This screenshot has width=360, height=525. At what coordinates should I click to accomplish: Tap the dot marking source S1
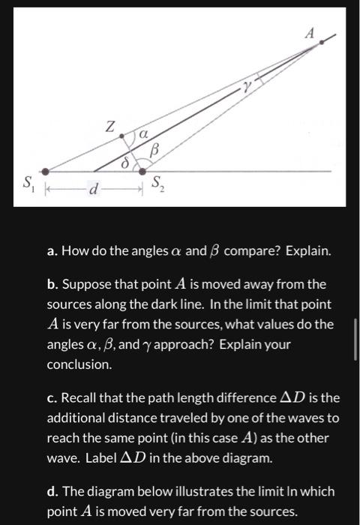pos(46,171)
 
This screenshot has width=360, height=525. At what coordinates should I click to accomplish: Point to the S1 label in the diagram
pos(28,183)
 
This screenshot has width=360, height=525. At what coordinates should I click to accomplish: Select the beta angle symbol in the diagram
pos(155,151)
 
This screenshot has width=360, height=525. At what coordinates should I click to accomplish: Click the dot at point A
pos(322,42)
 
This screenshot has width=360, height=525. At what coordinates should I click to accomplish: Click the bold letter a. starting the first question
pos(52,250)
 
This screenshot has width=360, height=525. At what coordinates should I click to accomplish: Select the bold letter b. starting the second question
pos(52,285)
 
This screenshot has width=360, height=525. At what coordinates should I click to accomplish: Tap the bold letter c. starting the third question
pos(52,398)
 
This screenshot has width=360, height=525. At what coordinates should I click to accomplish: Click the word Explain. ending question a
pos(307,250)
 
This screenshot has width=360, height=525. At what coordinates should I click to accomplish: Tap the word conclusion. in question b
pos(79,364)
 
